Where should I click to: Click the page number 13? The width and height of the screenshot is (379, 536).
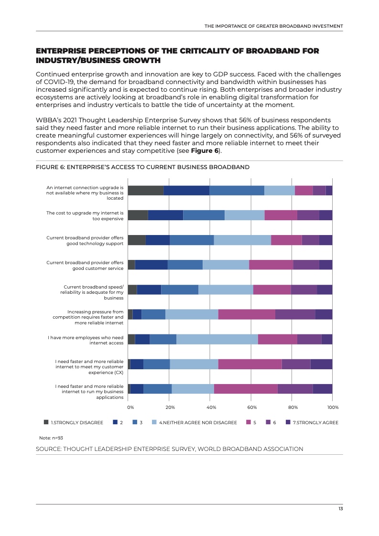[x=340, y=509]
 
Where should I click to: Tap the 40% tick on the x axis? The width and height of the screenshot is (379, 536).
[x=211, y=407]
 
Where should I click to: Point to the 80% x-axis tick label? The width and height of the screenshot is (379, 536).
[x=293, y=407]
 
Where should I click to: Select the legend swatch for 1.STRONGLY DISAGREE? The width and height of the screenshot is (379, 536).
[x=46, y=422]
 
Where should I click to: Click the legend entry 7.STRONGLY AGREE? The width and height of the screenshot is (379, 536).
[x=315, y=422]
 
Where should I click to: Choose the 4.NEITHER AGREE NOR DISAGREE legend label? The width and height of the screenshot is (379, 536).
[x=198, y=422]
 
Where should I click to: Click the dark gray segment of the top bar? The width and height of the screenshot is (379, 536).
[x=145, y=190]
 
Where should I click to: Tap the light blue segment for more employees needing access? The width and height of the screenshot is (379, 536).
[x=217, y=339]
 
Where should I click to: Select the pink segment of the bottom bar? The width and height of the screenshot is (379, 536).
[x=246, y=389]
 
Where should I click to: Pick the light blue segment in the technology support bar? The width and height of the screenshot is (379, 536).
[x=242, y=240]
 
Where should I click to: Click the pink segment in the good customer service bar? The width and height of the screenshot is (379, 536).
[x=271, y=265]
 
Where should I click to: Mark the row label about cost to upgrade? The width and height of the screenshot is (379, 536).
[x=85, y=215]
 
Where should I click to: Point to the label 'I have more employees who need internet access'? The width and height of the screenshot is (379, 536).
[x=86, y=340]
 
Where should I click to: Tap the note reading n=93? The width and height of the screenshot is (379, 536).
[x=51, y=438]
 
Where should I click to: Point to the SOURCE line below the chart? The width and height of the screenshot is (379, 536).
[x=170, y=449]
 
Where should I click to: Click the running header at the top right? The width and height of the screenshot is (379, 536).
[x=273, y=26]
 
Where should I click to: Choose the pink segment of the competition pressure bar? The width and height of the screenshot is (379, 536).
[x=247, y=314]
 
